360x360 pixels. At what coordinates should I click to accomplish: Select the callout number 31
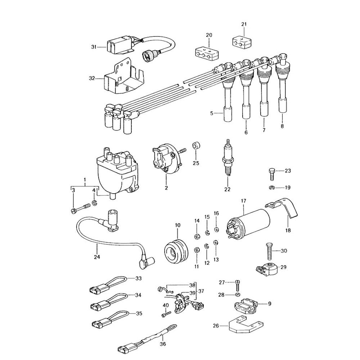[x=94, y=47]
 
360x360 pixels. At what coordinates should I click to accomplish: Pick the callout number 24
[x=97, y=257]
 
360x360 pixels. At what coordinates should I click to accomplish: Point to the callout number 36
[x=163, y=343]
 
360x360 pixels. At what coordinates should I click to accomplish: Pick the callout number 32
[x=92, y=78]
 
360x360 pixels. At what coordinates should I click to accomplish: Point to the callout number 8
[x=282, y=126]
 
